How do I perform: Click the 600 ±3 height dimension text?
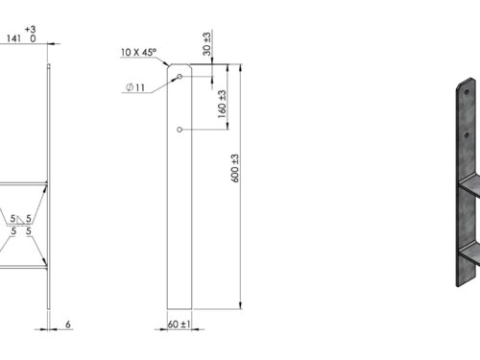point(235,168)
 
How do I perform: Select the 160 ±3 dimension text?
point(222,104)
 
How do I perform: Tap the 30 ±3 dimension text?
point(207,44)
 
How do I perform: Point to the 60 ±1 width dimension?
point(179,324)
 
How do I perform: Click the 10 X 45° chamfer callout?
point(138,52)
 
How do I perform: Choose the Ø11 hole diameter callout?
point(135,87)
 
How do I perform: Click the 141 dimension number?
point(13,38)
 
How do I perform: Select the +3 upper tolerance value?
point(31,30)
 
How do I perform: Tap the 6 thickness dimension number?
point(68,324)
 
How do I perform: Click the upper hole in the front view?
point(180,76)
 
